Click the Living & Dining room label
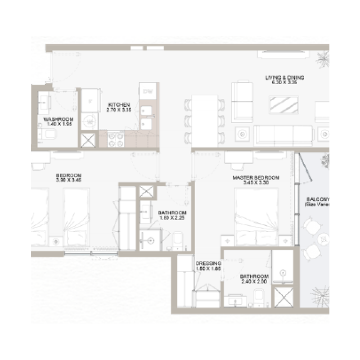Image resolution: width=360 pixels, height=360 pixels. (284, 77)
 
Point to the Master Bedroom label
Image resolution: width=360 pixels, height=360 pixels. (256, 178)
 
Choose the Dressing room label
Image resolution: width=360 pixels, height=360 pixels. (208, 263)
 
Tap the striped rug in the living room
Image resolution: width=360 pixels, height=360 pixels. (284, 106)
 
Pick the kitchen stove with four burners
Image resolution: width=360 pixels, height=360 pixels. (114, 139)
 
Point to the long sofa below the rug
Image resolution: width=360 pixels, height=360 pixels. (283, 134)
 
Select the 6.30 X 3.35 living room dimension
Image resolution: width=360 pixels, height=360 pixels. (284, 83)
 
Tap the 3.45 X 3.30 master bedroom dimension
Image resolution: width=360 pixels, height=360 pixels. (256, 183)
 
